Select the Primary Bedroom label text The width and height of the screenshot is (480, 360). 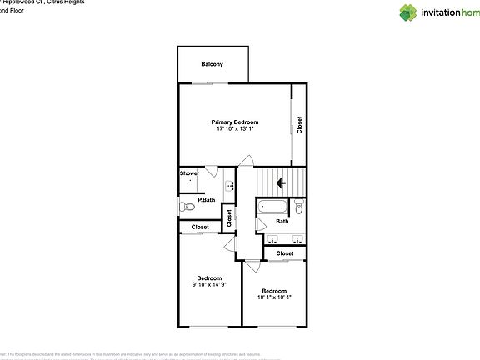pos(234,122)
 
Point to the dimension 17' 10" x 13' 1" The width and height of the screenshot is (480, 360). pos(234,129)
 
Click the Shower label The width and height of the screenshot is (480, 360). pos(189,173)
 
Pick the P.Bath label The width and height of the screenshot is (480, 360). pos(206,200)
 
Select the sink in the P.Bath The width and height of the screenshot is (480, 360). pos(230,187)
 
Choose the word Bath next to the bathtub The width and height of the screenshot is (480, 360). pos(282,221)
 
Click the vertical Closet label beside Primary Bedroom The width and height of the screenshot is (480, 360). pos(300,124)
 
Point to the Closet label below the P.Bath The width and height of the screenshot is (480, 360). pos(200,227)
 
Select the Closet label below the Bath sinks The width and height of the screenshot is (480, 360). pos(285,252)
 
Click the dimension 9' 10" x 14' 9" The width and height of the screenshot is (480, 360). pos(209,285)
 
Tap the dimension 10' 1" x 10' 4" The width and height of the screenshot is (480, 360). pos(275,297)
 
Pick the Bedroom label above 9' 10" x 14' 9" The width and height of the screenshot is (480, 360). pos(209,277)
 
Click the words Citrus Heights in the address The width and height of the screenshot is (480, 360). pos(64,2)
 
